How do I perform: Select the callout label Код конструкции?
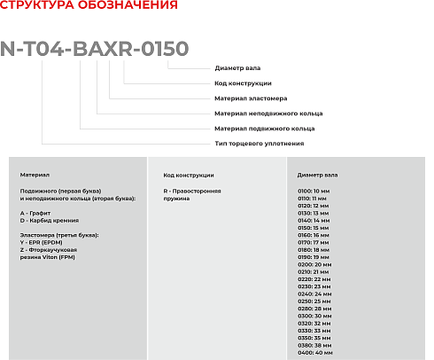tap(243, 83)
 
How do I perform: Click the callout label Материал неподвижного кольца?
tap(268, 113)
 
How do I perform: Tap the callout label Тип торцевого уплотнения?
tap(260, 143)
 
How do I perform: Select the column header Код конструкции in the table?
tap(190, 176)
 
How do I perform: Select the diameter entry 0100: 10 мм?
tap(314, 191)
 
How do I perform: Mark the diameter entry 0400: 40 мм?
tap(315, 352)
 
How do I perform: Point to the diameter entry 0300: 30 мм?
tap(314, 316)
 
